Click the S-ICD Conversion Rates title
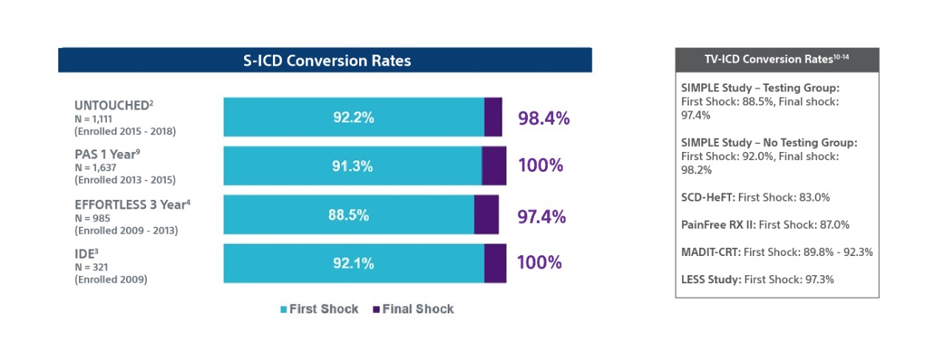pos(327,60)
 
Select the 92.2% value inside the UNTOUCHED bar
pos(352,117)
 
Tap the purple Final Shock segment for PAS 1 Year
pos(493,166)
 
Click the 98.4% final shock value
pos(544,118)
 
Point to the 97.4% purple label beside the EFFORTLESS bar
pos(541,216)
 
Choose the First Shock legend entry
pos(319,309)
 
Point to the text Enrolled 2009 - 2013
pos(125,230)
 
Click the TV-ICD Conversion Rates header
pos(777,60)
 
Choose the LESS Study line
pos(757,280)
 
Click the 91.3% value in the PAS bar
pos(352,166)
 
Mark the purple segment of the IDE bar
pos(495,263)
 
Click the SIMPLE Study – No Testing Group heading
pos(769,142)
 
